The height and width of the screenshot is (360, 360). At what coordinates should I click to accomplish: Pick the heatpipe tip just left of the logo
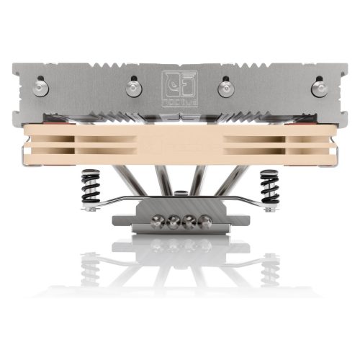[132, 88]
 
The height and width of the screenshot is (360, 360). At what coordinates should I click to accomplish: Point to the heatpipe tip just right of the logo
[226, 88]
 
